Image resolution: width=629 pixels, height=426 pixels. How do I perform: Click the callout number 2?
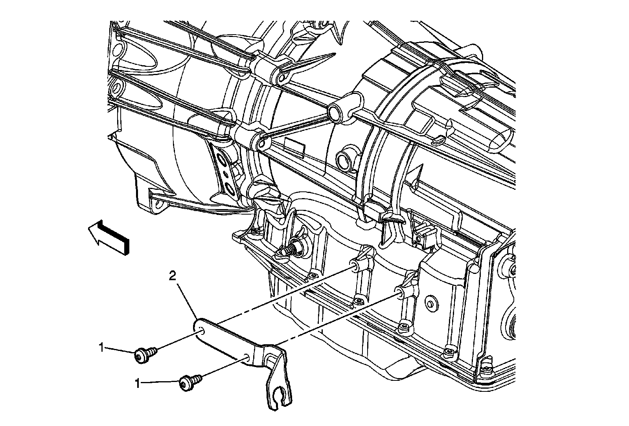(x=172, y=277)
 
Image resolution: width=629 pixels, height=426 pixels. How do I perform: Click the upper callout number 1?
(x=101, y=347)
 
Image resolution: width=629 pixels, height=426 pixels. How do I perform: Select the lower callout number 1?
(x=138, y=384)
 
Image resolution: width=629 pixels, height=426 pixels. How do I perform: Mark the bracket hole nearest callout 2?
(x=201, y=330)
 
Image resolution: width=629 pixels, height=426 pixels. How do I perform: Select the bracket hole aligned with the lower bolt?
(x=246, y=357)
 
